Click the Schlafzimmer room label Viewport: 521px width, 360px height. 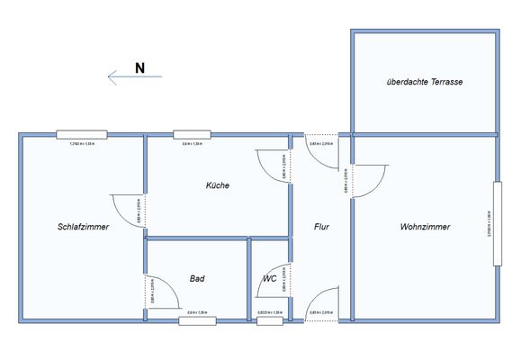point(83,227)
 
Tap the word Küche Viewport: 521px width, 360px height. point(217,185)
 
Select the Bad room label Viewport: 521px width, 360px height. point(197,279)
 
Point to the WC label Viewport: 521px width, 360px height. point(269,279)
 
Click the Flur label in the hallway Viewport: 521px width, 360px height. point(321,227)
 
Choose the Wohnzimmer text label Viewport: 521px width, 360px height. point(425,227)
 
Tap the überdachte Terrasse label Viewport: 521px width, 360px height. point(424,82)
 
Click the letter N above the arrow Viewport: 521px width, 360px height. point(139,67)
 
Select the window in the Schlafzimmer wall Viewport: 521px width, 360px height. point(82,135)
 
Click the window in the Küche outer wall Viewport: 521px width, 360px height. point(192,135)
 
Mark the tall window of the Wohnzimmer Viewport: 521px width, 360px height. point(495,222)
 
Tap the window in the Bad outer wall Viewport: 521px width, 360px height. point(197,319)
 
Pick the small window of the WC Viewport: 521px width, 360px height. point(269,319)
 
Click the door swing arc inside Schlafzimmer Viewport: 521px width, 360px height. point(125,207)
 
